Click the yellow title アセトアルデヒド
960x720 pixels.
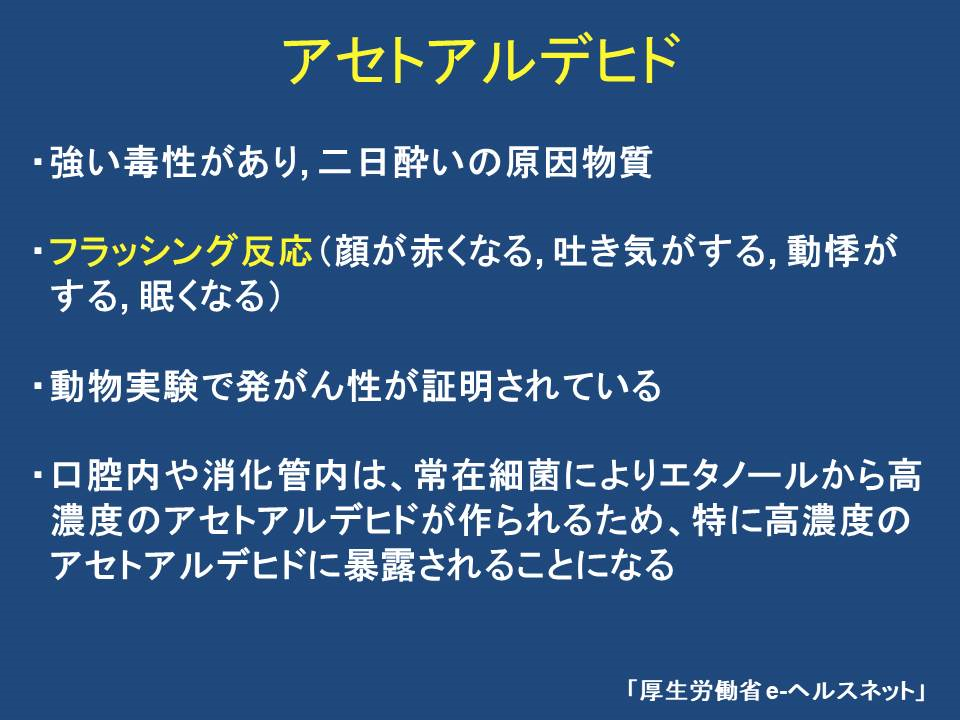click(481, 59)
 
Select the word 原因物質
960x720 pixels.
click(579, 162)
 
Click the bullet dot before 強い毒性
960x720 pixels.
click(38, 163)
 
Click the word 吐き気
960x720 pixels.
click(607, 251)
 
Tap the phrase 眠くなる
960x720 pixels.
click(201, 296)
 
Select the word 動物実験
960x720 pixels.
click(124, 386)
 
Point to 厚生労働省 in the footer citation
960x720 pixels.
click(700, 691)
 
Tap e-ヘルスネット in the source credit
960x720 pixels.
click(840, 691)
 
